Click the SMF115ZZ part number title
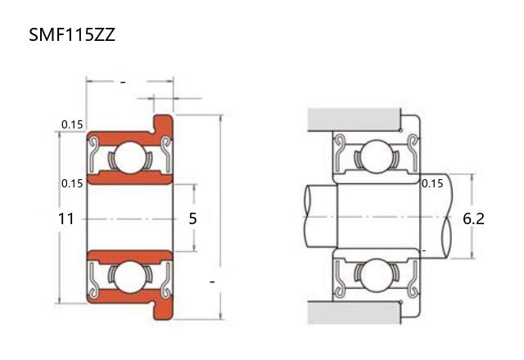72,34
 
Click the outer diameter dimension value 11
65,219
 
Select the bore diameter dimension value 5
193,218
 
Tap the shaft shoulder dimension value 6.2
473,218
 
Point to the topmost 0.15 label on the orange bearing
72,124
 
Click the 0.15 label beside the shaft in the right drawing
432,183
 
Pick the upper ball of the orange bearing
131,158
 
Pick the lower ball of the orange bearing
131,277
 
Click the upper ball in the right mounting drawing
377,156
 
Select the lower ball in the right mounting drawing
377,276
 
